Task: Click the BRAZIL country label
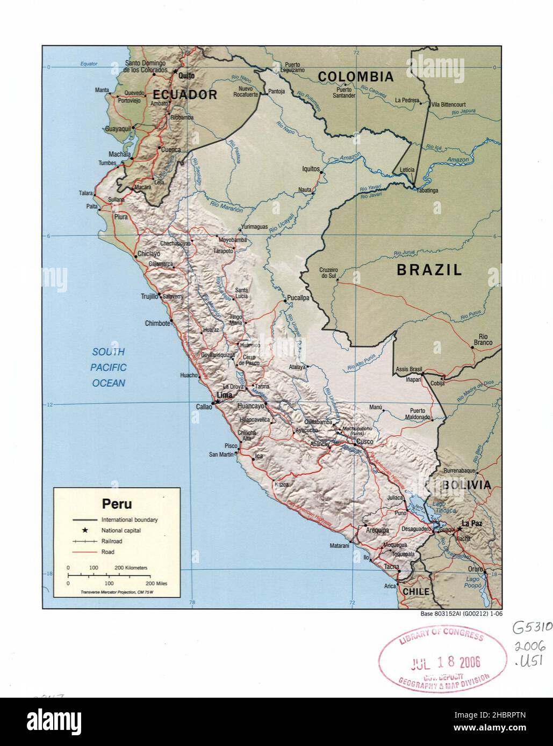pyautogui.click(x=429, y=270)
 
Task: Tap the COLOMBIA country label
pyautogui.click(x=355, y=77)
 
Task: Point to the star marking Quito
pyautogui.click(x=175, y=71)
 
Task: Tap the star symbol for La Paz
pyautogui.click(x=459, y=529)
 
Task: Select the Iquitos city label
pyautogui.click(x=311, y=169)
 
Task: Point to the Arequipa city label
pyautogui.click(x=377, y=530)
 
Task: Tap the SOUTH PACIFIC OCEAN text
pyautogui.click(x=109, y=367)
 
